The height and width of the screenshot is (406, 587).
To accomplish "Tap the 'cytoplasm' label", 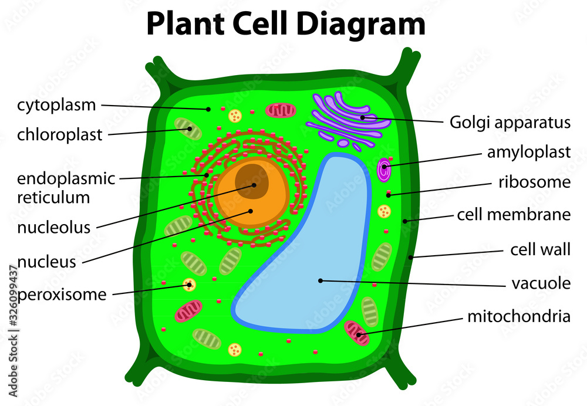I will click(x=56, y=106).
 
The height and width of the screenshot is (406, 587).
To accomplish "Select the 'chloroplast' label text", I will click(x=59, y=135).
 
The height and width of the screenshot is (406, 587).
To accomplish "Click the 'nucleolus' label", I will click(x=53, y=227).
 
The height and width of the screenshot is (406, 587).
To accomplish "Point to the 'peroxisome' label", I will click(x=62, y=294).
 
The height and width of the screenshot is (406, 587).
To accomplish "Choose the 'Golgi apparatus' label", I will click(x=510, y=122).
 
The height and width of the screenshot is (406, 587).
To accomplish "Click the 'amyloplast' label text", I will click(x=528, y=153).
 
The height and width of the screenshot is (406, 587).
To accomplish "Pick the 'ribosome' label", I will click(x=534, y=182).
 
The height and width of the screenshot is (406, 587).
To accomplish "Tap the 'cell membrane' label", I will click(x=514, y=215).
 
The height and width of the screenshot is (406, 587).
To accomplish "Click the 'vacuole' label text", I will click(x=541, y=284).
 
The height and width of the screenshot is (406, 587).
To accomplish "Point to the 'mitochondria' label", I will click(x=518, y=317).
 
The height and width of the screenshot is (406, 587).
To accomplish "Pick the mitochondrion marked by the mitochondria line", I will click(x=356, y=332).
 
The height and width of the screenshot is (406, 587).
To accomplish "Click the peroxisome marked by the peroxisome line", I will click(x=188, y=285).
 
